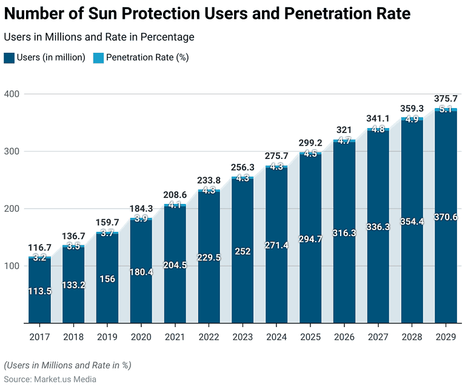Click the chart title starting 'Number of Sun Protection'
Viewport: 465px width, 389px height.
coord(207,13)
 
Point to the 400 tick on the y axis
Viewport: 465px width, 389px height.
coord(12,94)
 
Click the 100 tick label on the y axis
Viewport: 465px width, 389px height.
coord(12,266)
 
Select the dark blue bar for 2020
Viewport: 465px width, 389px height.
coord(141,273)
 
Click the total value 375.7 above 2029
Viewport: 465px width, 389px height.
coord(446,98)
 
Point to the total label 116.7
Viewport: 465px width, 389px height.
coord(39,247)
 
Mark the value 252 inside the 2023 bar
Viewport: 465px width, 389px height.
coord(243,252)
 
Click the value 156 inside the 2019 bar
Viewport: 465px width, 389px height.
coord(107,279)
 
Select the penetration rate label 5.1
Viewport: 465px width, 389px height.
coord(446,110)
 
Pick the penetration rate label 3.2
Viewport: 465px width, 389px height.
coord(39,258)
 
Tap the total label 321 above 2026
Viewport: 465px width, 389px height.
coord(344,130)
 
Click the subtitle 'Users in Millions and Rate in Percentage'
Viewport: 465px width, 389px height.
coord(99,37)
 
